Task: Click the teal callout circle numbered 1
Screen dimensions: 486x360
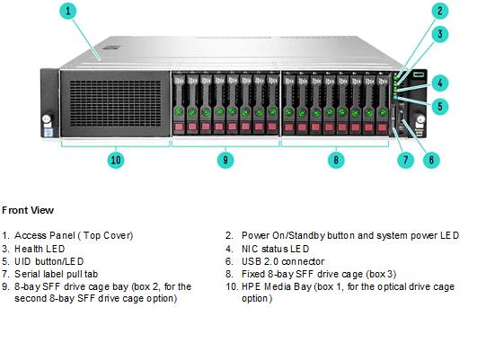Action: click(x=68, y=11)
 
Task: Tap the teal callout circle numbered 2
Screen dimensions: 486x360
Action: click(x=440, y=11)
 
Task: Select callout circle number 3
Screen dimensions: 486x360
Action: click(x=440, y=34)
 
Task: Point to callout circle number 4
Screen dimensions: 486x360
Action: click(x=440, y=83)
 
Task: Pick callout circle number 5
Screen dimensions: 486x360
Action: click(x=440, y=107)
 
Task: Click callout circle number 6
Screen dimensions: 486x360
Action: click(x=431, y=160)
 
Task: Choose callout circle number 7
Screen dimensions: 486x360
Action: click(x=406, y=160)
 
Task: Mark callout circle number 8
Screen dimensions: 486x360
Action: click(x=336, y=160)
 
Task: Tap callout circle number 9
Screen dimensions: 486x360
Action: click(x=225, y=160)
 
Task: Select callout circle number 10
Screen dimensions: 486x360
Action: click(x=116, y=160)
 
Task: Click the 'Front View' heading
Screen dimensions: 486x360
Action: click(x=28, y=210)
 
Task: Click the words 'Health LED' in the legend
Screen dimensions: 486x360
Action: click(x=40, y=249)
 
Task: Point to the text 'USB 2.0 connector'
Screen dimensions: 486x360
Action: click(x=283, y=261)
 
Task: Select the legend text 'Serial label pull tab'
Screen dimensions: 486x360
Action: click(x=56, y=274)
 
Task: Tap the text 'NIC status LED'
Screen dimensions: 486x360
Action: click(x=275, y=249)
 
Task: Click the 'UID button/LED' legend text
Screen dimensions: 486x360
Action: click(x=49, y=261)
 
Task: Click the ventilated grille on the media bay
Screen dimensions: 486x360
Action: click(x=115, y=103)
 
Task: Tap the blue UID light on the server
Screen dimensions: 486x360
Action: click(x=395, y=97)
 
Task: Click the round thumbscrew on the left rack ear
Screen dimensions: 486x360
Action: click(x=47, y=119)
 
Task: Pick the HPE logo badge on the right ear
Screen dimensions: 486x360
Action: click(x=419, y=75)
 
